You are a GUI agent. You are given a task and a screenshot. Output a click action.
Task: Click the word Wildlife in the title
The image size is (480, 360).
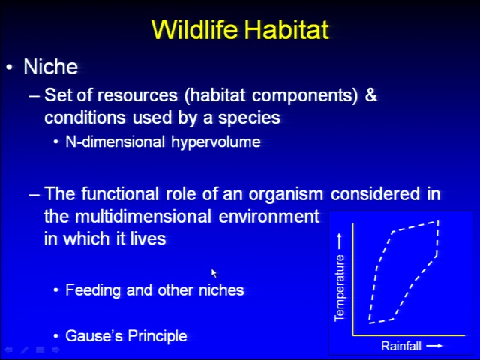(x=195, y=29)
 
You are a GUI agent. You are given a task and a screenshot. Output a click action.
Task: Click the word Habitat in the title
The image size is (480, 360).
(x=286, y=29)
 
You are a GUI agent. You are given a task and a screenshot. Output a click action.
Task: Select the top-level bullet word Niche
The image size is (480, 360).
(x=51, y=67)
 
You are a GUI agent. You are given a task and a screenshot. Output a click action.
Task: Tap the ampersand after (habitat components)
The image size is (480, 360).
(x=370, y=94)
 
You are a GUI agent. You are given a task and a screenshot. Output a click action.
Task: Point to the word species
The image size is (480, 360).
(x=249, y=118)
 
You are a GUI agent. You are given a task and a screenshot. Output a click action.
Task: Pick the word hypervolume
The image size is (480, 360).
(x=216, y=142)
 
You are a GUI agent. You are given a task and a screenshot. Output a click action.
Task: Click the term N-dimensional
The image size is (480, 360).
(x=115, y=142)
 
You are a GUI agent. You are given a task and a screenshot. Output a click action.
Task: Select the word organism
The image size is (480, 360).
(x=286, y=194)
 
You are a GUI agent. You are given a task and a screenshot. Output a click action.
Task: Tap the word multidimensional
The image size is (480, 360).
(x=143, y=217)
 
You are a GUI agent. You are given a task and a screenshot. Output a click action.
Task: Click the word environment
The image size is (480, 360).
(x=269, y=217)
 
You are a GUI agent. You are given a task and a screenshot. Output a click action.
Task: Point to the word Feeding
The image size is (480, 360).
(x=93, y=290)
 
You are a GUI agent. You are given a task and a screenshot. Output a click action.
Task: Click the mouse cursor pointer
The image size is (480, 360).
(x=214, y=273)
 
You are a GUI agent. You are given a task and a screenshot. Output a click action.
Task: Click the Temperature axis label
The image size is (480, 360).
(x=340, y=288)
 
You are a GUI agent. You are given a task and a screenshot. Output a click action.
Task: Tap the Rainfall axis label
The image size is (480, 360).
(x=401, y=346)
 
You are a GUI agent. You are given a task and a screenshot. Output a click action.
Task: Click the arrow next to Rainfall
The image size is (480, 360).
(x=434, y=346)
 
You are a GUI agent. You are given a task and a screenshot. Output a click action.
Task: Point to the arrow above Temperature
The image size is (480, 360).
(x=339, y=241)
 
